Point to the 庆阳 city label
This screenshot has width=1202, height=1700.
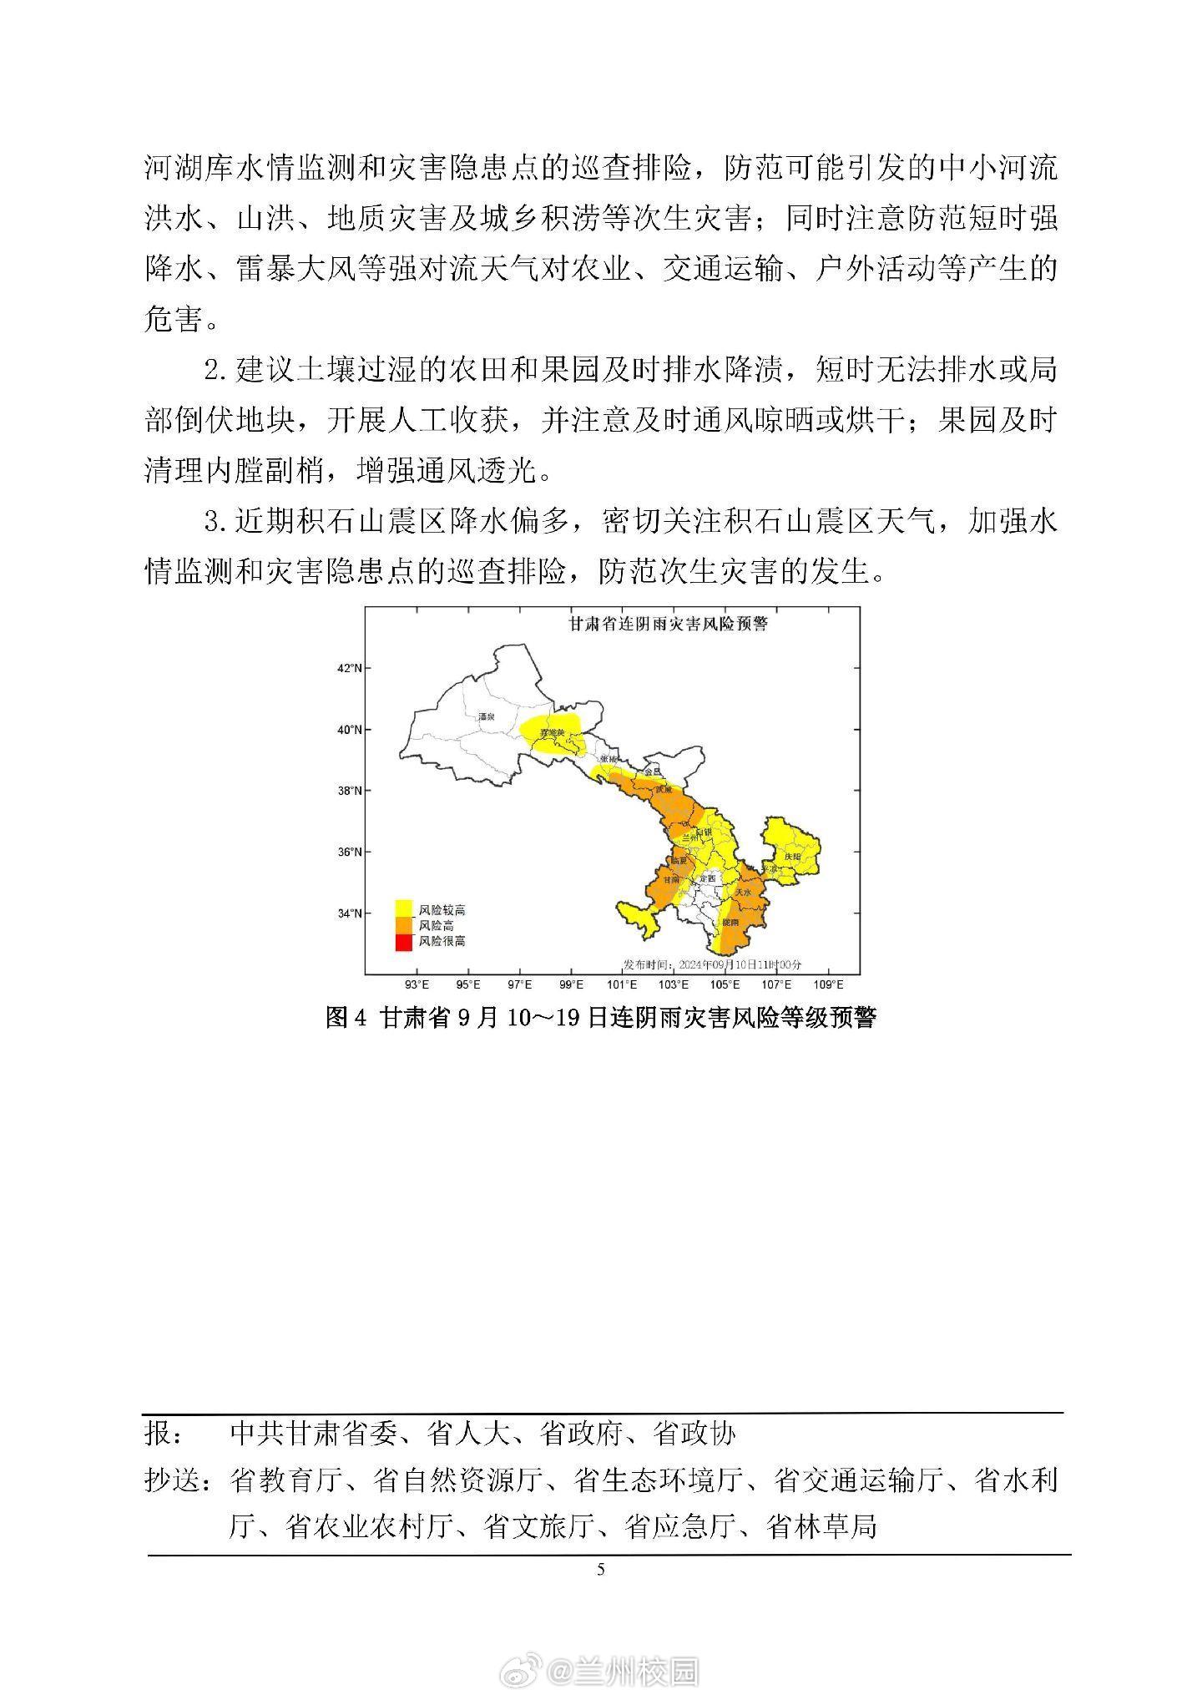click(x=792, y=856)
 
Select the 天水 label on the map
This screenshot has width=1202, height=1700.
click(x=742, y=893)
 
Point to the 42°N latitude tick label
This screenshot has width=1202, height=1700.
click(x=349, y=669)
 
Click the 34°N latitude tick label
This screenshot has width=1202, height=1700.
click(x=349, y=913)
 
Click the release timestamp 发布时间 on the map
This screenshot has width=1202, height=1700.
click(x=712, y=964)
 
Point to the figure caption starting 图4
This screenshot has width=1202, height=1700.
click(x=600, y=1018)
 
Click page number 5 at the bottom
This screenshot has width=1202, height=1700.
click(x=601, y=1569)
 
